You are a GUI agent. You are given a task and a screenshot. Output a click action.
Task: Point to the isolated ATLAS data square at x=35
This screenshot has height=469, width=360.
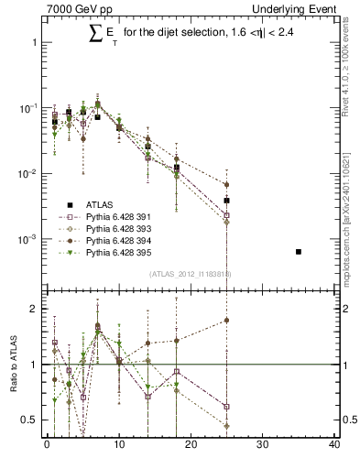coord(299,251)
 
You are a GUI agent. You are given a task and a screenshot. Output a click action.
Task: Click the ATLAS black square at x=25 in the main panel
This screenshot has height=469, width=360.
coord(226,200)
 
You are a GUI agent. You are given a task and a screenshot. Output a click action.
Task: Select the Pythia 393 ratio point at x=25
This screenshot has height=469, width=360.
coord(226,426)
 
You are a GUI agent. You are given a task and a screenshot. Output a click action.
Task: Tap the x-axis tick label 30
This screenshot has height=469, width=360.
coord(263,446)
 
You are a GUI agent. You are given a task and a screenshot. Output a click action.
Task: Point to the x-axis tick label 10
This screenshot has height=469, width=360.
coord(118,446)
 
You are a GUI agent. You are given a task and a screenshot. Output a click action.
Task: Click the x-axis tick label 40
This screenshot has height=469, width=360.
coord(334,446)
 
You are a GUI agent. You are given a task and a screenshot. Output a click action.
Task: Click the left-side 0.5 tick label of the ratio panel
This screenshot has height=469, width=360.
coord(27,420)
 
